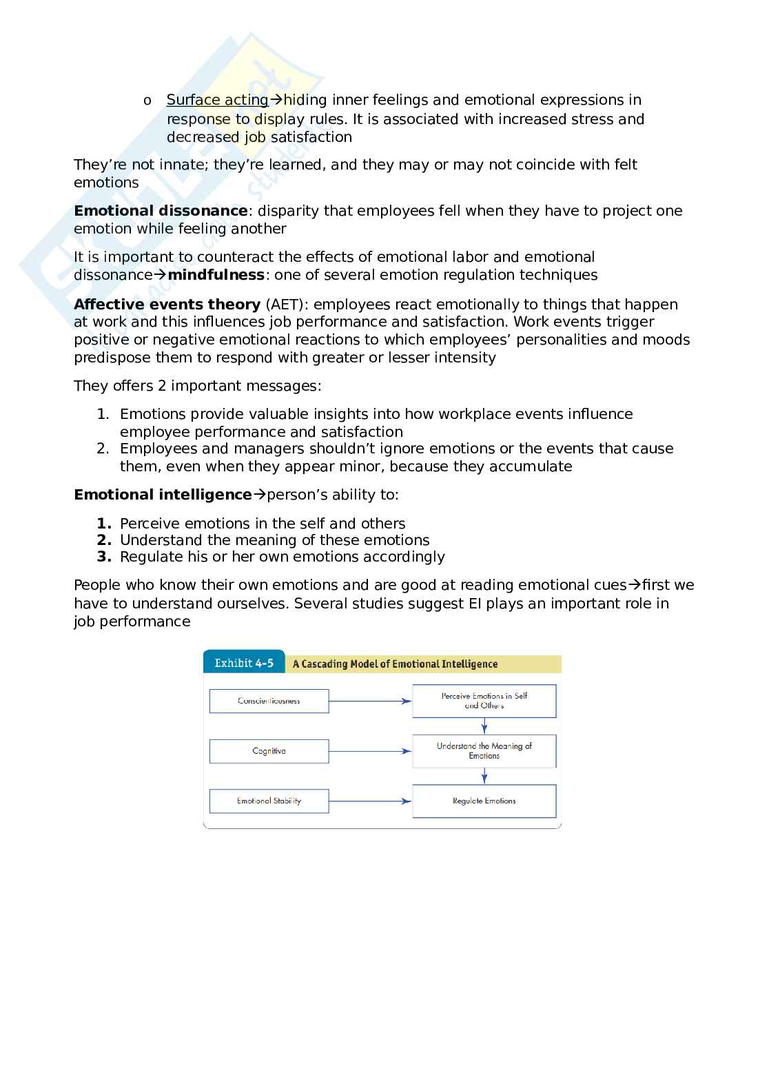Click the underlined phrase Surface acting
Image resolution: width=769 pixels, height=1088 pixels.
(x=217, y=100)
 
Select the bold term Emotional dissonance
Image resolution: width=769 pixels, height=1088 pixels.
(x=161, y=211)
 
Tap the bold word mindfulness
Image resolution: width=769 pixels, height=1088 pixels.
(x=216, y=275)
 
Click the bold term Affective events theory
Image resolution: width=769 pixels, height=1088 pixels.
(x=167, y=305)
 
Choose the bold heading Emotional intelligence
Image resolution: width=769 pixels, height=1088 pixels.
(x=163, y=495)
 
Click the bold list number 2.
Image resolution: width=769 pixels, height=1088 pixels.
(x=104, y=540)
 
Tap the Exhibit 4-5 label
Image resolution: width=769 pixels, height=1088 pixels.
(x=244, y=664)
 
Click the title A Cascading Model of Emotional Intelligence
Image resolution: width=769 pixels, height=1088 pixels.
(x=395, y=664)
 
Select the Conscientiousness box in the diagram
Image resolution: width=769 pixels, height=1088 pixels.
(x=269, y=701)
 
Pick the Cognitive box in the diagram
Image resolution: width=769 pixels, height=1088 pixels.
(x=269, y=751)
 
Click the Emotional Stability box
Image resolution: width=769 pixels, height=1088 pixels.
(x=269, y=801)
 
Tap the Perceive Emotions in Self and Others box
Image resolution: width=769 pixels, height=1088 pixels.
(x=484, y=701)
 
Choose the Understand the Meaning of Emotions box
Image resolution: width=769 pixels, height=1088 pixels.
(x=484, y=751)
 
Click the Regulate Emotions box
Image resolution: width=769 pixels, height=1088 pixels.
(x=484, y=801)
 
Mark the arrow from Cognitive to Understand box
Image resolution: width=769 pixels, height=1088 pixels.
(x=370, y=751)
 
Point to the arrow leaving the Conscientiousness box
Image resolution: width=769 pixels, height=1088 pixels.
(x=370, y=701)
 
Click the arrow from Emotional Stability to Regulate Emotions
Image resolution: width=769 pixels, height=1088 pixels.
(x=370, y=801)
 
